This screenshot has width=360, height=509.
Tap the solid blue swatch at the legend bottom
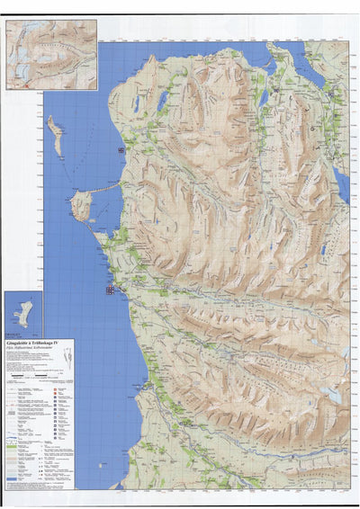(11, 479)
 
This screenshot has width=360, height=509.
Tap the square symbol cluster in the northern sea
(121, 150)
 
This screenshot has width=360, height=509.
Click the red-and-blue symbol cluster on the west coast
(111, 290)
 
